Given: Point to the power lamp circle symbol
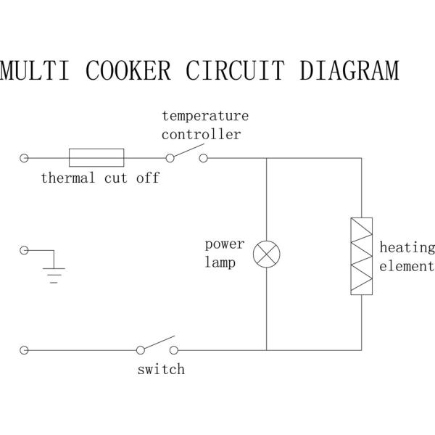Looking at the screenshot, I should tap(267, 254).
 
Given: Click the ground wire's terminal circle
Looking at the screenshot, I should tap(25, 250).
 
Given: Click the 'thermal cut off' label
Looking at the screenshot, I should tap(99, 178).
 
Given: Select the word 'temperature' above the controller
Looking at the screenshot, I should tap(205, 115).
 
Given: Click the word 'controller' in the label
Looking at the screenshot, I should tap(201, 134).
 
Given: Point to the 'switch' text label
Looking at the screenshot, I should tap(161, 370).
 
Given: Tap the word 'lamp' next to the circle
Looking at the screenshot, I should tap(219, 263).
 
